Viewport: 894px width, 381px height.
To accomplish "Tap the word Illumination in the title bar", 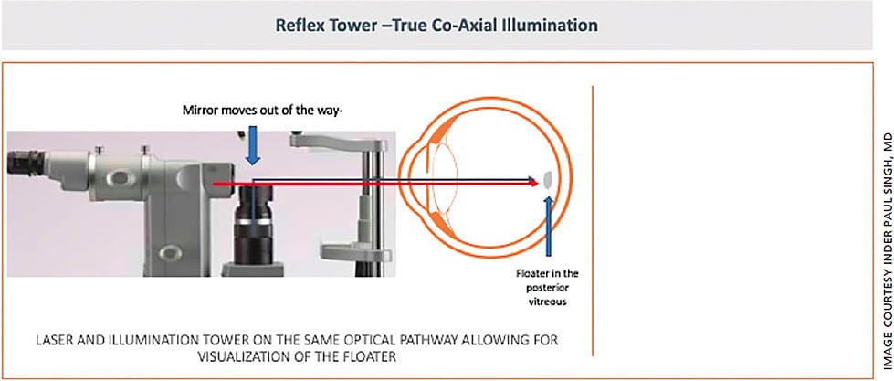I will click(x=547, y=25).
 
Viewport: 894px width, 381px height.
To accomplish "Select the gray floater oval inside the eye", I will click(x=547, y=181).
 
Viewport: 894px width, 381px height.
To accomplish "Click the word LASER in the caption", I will click(x=58, y=340).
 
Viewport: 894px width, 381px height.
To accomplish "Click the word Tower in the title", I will click(x=378, y=25).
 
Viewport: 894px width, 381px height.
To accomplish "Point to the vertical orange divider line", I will click(x=594, y=219).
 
